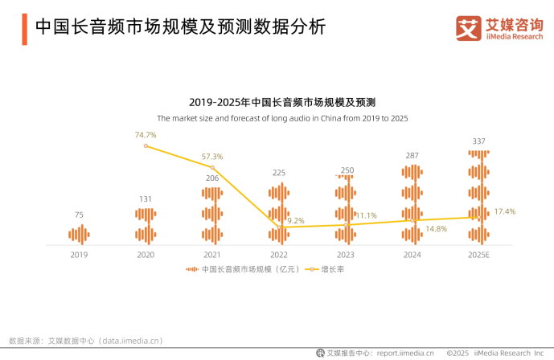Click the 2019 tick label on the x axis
tap(79, 255)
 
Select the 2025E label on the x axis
tap(479, 255)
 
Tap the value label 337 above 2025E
tap(479, 141)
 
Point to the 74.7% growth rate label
tap(146, 134)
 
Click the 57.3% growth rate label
tap(212, 156)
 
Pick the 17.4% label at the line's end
tap(505, 211)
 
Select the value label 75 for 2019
tap(79, 215)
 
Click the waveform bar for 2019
tap(79, 234)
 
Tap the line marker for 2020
tap(146, 145)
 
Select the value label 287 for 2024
tap(412, 155)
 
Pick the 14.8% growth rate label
tap(436, 229)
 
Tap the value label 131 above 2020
tap(146, 198)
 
